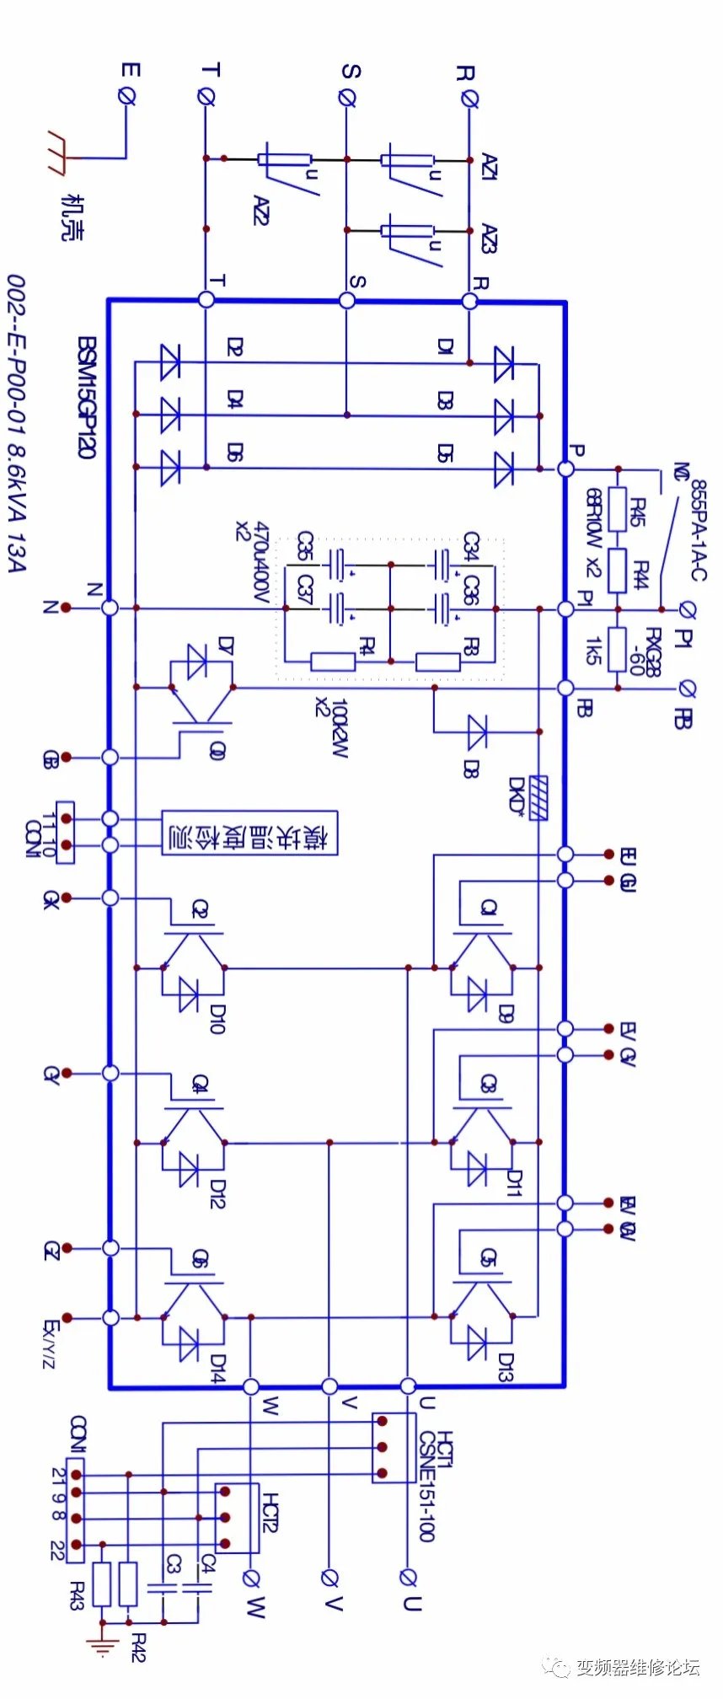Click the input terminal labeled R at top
click(469, 98)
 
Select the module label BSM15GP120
click(86, 397)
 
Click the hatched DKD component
click(540, 798)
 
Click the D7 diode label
click(225, 646)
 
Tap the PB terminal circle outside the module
click(687, 689)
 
